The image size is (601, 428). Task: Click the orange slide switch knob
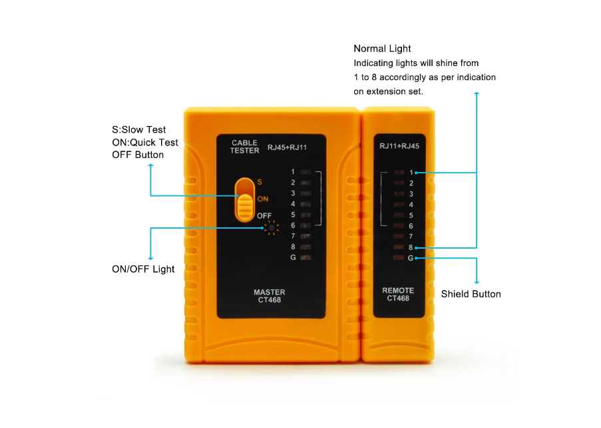tap(244, 207)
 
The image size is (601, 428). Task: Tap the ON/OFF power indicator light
tap(272, 228)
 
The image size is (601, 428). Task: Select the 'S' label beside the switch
tap(260, 182)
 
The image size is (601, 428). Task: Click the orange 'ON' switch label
tap(262, 199)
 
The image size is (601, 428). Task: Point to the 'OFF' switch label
tap(264, 216)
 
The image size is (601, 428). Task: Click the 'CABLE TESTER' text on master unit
tap(244, 147)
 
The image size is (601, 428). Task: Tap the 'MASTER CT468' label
tap(270, 296)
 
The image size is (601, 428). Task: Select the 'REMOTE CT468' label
tap(398, 295)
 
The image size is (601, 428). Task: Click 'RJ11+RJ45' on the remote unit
tap(399, 146)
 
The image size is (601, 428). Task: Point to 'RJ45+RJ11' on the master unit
tap(287, 147)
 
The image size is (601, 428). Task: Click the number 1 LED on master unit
tap(305, 172)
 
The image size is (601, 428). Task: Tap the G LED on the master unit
tap(305, 257)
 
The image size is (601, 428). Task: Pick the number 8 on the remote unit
tap(411, 247)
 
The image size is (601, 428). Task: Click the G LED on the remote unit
tap(399, 257)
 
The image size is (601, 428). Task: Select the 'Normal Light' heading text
tap(382, 49)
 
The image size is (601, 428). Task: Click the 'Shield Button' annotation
tap(471, 294)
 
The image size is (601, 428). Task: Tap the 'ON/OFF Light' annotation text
tap(143, 269)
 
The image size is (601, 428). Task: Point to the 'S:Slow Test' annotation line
tap(138, 130)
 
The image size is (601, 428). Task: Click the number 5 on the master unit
tap(293, 215)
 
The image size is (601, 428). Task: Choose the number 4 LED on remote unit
tap(399, 205)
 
